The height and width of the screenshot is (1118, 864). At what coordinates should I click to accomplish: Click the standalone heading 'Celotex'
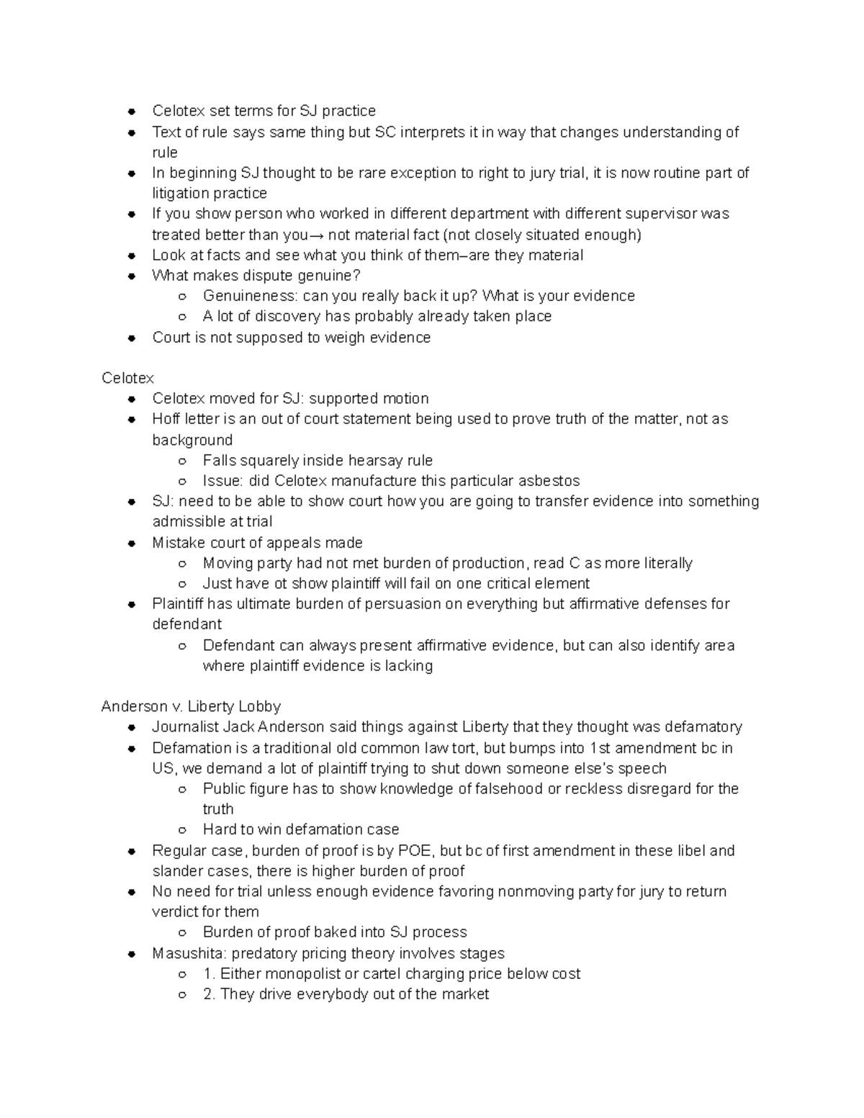[127, 378]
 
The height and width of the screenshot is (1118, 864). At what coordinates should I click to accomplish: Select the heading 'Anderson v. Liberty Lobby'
[191, 706]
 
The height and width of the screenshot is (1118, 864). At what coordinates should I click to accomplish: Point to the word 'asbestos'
[551, 481]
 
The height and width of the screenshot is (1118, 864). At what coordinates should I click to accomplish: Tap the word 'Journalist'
[184, 727]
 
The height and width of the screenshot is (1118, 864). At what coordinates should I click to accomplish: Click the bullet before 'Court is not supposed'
[131, 338]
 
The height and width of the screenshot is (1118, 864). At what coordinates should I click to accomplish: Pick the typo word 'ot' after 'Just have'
[281, 583]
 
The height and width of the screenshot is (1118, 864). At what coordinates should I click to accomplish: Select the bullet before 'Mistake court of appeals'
[131, 544]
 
